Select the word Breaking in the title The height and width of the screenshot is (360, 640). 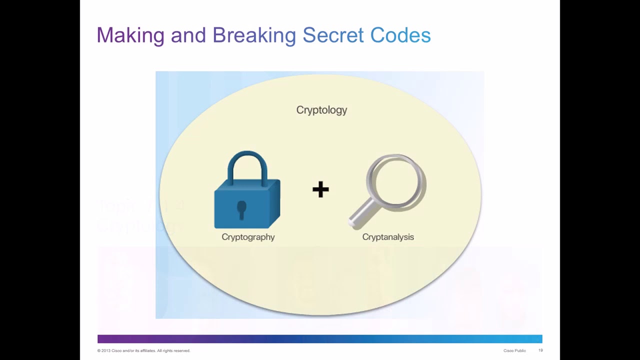pyautogui.click(x=254, y=35)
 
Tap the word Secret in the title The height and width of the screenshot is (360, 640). pyautogui.click(x=333, y=35)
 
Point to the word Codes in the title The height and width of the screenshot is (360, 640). pyautogui.click(x=400, y=35)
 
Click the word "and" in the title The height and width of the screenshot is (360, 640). pyautogui.click(x=188, y=35)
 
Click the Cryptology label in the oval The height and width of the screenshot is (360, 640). pyautogui.click(x=321, y=110)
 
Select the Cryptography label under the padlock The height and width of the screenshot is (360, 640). pyautogui.click(x=248, y=237)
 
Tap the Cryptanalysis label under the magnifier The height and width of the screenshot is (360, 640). pyautogui.click(x=388, y=237)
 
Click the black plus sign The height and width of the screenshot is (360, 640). pyautogui.click(x=320, y=189)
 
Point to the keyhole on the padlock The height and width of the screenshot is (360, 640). pyautogui.click(x=241, y=209)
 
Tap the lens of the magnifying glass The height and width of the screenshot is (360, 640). pyautogui.click(x=395, y=180)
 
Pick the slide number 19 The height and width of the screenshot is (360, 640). pyautogui.click(x=540, y=350)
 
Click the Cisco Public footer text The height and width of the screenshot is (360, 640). pyautogui.click(x=514, y=350)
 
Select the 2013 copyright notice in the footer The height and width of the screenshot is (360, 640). pyautogui.click(x=143, y=350)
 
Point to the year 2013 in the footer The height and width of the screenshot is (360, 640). pyautogui.click(x=105, y=350)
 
